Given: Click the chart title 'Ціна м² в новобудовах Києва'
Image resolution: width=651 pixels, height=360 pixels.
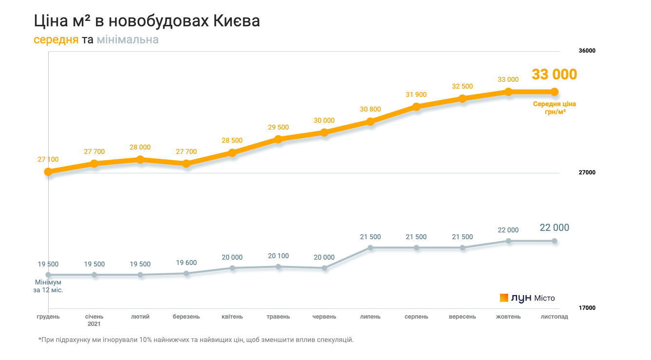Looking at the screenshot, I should pos(147,21).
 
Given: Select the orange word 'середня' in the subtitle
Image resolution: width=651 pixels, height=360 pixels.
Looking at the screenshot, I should pos(56,39).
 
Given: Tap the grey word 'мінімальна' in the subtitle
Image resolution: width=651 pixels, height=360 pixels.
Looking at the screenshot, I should pos(128,39).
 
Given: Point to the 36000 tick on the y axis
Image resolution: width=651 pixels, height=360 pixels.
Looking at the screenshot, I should pos(587,51).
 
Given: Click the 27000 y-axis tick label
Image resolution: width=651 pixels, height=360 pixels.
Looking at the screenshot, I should pos(587,172).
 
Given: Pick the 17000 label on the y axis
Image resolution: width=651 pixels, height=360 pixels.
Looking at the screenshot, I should pos(587,308).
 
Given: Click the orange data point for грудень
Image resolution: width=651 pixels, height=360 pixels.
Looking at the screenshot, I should pos(48,171).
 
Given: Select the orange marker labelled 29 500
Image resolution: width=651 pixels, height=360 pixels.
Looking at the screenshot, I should pos(279,139).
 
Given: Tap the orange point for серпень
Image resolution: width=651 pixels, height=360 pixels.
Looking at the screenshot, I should pos(416,107).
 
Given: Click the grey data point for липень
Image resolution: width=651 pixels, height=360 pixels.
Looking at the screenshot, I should pos(371,247).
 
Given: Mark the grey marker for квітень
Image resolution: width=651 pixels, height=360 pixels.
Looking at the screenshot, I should pos(232,268).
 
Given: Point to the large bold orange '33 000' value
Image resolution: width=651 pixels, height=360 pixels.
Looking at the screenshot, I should pos(554,75).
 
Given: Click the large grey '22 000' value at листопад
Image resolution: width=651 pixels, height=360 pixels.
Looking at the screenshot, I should pos(554,227).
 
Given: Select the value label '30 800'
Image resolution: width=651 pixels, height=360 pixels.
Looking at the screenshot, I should pos(371,110).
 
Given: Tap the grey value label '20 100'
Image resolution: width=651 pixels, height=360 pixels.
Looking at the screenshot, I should pos(279,256).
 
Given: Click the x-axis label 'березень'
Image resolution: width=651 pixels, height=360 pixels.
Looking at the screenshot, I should pos(186,317).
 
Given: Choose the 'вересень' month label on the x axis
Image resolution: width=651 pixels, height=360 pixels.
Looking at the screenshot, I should pos(462,317).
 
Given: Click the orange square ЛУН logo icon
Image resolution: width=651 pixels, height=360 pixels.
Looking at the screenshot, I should pos(504,298).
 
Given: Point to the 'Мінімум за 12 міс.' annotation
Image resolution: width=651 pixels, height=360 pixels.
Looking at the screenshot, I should pos(48,286).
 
